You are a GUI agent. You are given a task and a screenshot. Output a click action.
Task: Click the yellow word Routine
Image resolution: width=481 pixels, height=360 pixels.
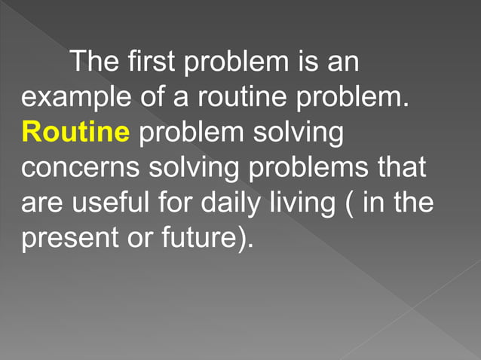(75, 133)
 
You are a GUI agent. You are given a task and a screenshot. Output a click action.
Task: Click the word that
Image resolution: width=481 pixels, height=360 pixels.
(402, 168)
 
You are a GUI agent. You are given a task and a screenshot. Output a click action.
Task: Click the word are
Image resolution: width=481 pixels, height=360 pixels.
(39, 203)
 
